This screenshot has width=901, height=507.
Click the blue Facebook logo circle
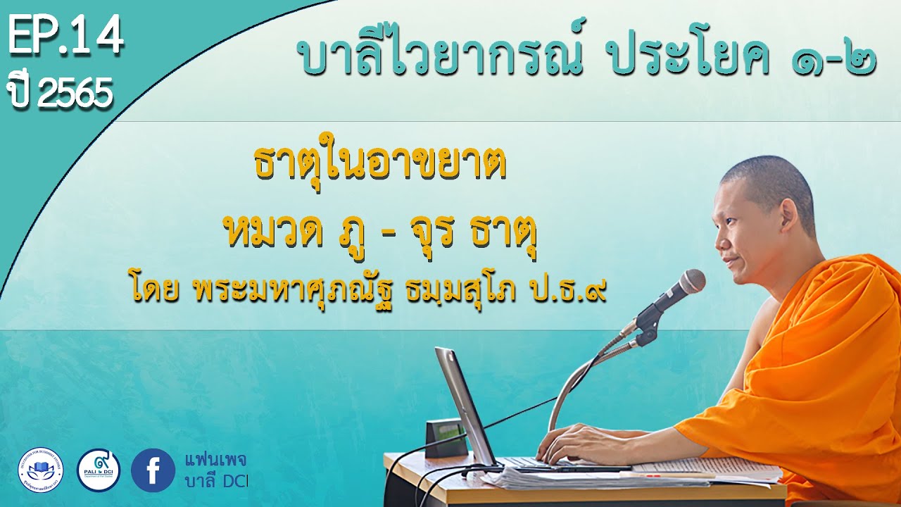tap(153, 470)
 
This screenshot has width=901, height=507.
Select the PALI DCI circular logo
tap(98, 470)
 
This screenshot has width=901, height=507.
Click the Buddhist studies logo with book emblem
tap(40, 470)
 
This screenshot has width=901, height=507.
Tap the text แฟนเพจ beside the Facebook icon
tap(215, 461)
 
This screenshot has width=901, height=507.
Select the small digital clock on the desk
tap(446, 437)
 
